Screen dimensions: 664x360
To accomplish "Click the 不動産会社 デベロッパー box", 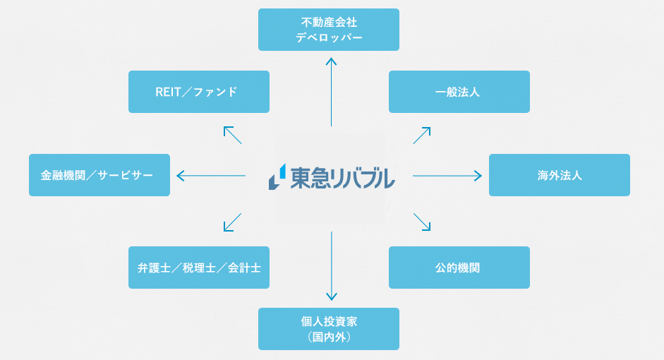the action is [329, 30].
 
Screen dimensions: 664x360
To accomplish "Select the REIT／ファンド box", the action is [198, 92].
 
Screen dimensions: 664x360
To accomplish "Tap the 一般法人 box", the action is [459, 92].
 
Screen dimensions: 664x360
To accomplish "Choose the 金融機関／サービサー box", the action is [99, 175].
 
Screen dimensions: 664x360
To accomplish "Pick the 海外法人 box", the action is [560, 175].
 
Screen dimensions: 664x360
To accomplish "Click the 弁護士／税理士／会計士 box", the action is [198, 268].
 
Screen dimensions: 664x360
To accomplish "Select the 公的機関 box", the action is [459, 268].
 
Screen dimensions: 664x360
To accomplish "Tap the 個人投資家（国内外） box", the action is [329, 329].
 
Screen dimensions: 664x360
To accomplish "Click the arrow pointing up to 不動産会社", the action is [331, 92].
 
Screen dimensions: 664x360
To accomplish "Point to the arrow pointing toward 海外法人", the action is [447, 175].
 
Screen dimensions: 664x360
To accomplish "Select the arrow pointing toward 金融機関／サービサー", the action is [211, 175].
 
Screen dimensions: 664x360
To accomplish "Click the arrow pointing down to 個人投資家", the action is [332, 266].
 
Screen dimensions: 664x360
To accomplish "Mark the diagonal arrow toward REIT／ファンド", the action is [232, 135].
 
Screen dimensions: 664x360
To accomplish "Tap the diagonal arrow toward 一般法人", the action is [422, 136].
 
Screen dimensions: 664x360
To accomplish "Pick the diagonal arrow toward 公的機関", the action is [422, 222].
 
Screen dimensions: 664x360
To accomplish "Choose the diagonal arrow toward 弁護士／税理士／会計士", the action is [232, 222].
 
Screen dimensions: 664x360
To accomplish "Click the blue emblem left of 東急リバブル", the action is [277, 176].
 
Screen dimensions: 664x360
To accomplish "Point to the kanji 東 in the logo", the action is [300, 179].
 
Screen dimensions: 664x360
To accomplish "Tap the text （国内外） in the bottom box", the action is [329, 337].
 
